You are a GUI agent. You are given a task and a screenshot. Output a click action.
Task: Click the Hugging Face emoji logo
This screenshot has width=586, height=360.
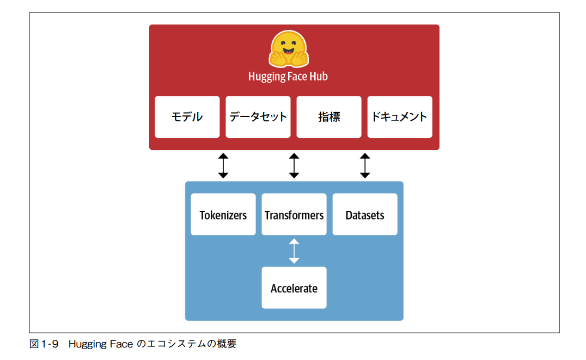point(288,50)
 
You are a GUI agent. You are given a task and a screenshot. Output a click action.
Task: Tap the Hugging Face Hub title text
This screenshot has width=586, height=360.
point(288,76)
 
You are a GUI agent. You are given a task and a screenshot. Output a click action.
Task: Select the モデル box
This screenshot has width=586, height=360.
point(187,117)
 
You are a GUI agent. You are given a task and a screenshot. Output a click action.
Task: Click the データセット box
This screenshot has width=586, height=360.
point(258,117)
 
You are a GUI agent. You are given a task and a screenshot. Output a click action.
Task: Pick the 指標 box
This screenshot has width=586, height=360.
point(328,117)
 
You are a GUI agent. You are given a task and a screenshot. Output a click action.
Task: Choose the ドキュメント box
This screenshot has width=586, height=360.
point(399,117)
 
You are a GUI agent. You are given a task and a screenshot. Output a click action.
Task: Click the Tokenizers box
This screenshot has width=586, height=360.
point(223,215)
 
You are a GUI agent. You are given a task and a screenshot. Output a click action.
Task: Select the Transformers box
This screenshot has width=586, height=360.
point(294,215)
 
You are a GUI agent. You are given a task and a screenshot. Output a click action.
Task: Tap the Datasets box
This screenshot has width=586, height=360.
point(365,215)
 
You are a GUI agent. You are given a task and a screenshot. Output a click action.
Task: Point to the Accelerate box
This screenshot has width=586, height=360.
point(294,288)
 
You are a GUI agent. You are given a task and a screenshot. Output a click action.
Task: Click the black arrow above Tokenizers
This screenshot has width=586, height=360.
point(223,166)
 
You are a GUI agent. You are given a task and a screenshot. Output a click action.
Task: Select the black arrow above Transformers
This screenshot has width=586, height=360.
point(294,166)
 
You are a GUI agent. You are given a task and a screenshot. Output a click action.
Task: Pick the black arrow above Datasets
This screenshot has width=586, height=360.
point(365,166)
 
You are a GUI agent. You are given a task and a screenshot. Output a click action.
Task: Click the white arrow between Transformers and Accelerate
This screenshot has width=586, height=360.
point(294,251)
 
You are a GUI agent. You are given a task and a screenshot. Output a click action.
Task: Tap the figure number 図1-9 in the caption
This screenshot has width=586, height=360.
point(44,344)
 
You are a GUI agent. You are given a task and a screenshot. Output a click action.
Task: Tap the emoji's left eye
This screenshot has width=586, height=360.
point(282,44)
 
